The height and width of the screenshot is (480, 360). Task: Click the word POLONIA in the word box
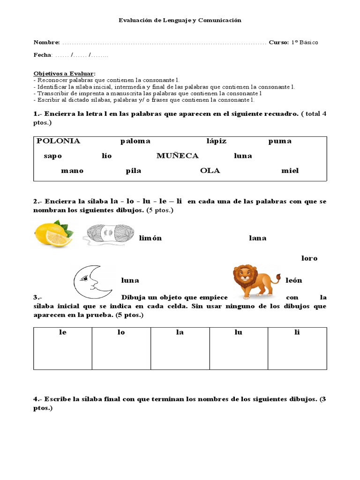tap(59, 141)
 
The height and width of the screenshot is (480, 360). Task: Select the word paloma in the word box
tap(135, 141)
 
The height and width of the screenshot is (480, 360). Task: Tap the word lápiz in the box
tap(216, 141)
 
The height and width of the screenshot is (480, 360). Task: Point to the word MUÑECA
tap(178, 156)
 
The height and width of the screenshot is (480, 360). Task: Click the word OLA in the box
tap(210, 171)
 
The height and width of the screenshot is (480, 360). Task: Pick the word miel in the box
tap(290, 171)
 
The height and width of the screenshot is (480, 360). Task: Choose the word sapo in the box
tap(53, 156)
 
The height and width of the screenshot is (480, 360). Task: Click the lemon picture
tap(53, 233)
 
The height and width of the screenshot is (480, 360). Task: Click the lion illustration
tap(255, 281)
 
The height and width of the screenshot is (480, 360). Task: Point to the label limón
tap(150, 238)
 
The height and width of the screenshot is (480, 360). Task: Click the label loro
tap(309, 258)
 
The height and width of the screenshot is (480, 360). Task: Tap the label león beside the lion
tap(294, 280)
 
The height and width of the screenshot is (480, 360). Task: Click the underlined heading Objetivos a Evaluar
tap(64, 74)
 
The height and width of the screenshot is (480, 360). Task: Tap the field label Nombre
tap(46, 43)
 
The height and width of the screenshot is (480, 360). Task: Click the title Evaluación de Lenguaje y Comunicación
tap(180, 20)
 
